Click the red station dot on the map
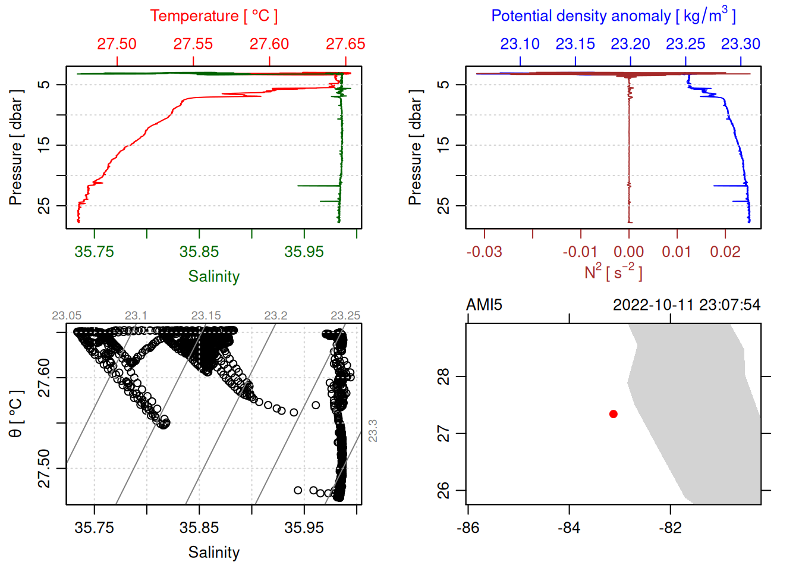click(613, 414)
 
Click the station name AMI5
click(484, 305)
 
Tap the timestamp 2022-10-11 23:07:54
click(686, 305)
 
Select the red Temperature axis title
click(213, 16)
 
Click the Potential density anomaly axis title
click(613, 15)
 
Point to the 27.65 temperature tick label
click(345, 44)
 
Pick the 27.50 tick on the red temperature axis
click(117, 44)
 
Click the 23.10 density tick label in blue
click(520, 44)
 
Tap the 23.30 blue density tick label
click(740, 44)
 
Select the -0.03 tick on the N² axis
click(484, 252)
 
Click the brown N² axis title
click(613, 272)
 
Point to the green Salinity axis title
click(213, 277)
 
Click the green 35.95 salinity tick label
click(304, 252)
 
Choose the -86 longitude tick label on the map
click(468, 528)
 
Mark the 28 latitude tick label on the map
click(443, 377)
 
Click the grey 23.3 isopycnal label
click(373, 431)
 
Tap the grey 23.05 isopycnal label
click(67, 316)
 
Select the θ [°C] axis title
click(16, 414)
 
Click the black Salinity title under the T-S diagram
click(213, 553)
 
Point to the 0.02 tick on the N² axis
click(725, 252)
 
